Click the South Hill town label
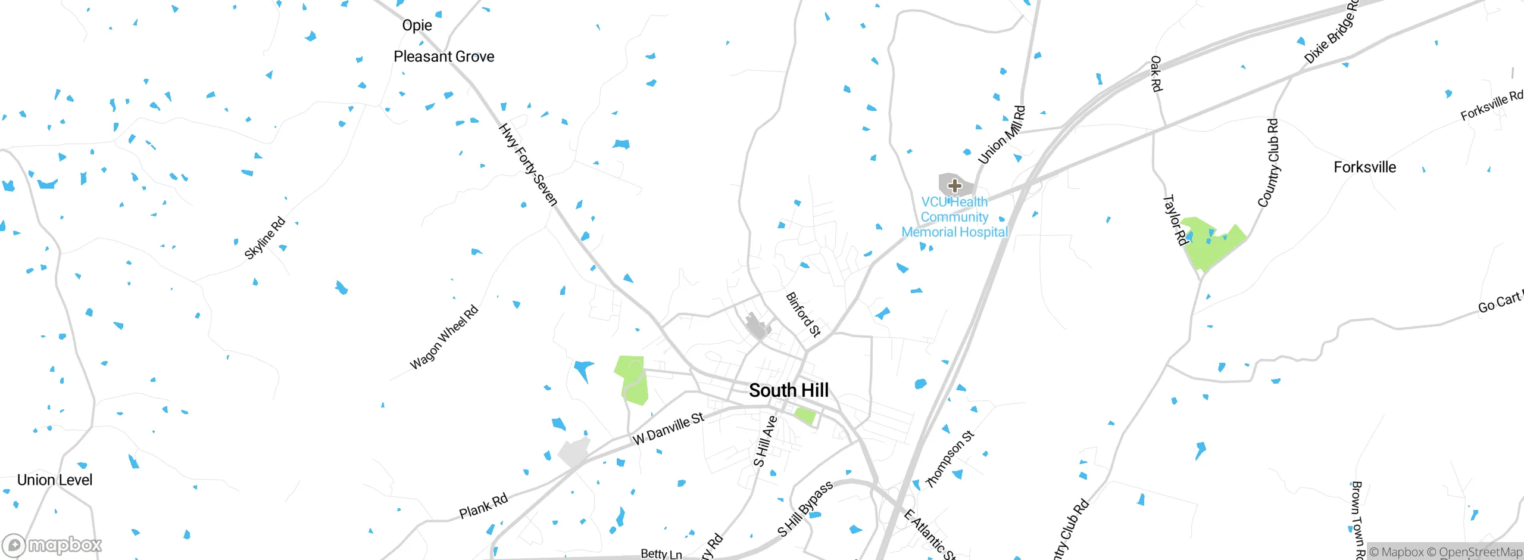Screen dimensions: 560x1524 (788, 390)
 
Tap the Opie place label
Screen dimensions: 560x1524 (417, 26)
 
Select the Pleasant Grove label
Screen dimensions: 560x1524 (444, 57)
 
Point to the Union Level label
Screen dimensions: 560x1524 (55, 480)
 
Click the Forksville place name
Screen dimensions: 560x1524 (1364, 167)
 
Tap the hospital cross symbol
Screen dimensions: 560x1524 (954, 185)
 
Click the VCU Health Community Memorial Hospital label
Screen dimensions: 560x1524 (954, 217)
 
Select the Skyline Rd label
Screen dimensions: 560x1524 (265, 238)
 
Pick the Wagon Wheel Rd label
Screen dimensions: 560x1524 (444, 337)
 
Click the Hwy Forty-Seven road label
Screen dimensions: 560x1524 (528, 164)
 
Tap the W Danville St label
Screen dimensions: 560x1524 (668, 429)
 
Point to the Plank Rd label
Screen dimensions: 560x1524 (483, 506)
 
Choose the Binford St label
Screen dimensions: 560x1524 (803, 314)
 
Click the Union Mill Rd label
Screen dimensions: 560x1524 (1002, 135)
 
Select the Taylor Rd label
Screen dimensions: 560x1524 (1175, 219)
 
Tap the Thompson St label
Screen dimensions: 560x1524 (950, 459)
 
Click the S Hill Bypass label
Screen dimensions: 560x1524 (805, 509)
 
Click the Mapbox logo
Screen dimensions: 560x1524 (52, 545)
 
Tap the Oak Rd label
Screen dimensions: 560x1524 (1156, 74)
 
